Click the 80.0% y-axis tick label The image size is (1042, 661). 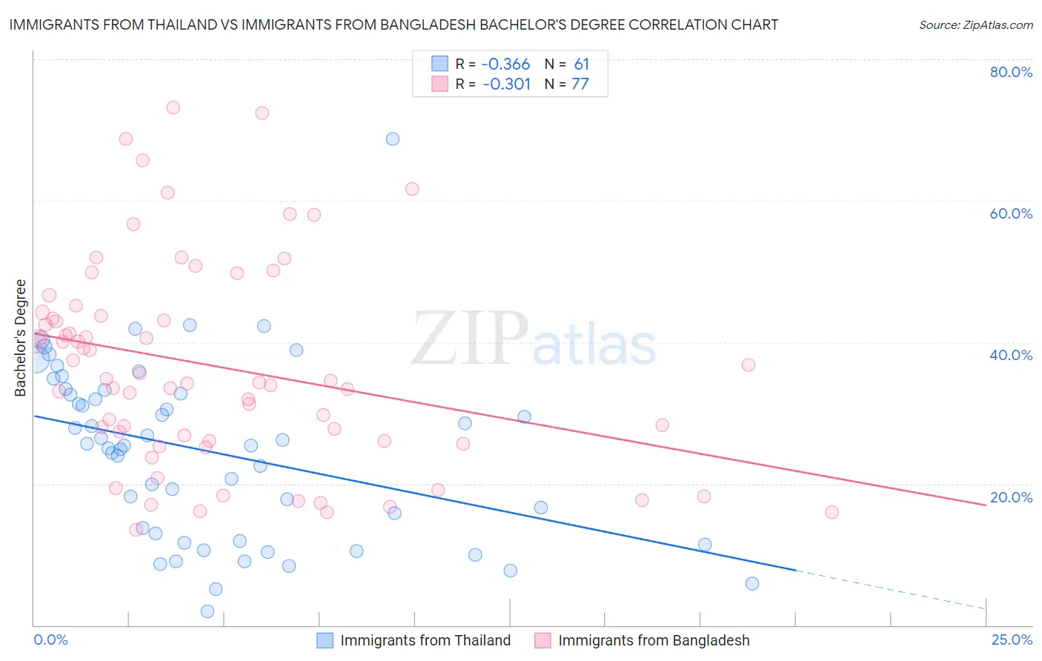click(x=1011, y=72)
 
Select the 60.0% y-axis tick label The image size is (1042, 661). click(x=1011, y=213)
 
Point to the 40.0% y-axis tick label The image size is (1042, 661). click(x=1011, y=355)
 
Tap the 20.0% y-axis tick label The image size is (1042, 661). click(x=1011, y=497)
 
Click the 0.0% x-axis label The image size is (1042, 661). click(x=50, y=640)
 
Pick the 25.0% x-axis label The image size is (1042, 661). click(x=1012, y=640)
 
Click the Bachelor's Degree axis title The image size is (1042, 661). click(x=21, y=338)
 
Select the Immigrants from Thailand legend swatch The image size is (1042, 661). click(x=325, y=640)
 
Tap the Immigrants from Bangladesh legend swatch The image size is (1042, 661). click(x=542, y=640)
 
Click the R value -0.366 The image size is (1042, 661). click(x=506, y=64)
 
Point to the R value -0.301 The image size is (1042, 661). click(x=506, y=84)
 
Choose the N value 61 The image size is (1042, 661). click(x=581, y=64)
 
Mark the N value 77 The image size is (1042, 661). click(x=580, y=84)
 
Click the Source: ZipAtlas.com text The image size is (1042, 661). click(x=975, y=25)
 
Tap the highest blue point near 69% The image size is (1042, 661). click(x=393, y=139)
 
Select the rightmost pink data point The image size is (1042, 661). click(x=832, y=512)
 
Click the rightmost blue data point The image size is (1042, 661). click(x=752, y=583)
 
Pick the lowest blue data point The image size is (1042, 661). click(x=208, y=611)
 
